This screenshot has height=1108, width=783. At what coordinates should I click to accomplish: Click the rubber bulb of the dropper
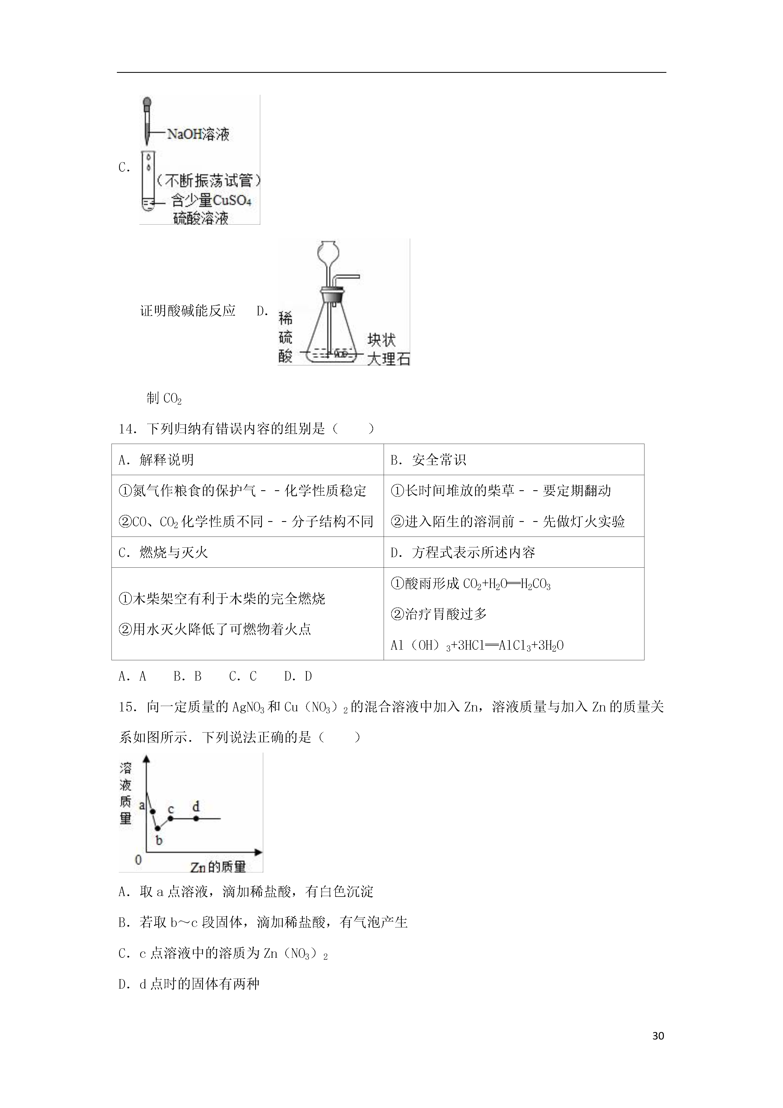[147, 103]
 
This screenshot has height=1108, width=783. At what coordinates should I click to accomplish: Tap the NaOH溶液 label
[198, 134]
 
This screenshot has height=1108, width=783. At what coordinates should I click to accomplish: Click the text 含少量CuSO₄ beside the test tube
[211, 200]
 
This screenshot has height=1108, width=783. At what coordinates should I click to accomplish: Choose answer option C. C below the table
[243, 676]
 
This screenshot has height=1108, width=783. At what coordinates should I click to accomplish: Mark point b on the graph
[157, 828]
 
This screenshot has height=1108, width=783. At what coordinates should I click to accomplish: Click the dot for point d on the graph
[196, 818]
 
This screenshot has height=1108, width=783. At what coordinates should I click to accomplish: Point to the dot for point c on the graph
[170, 818]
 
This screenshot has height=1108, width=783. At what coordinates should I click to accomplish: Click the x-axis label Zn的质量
[218, 867]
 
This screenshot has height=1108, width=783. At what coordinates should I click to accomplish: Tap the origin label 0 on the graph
[139, 859]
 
